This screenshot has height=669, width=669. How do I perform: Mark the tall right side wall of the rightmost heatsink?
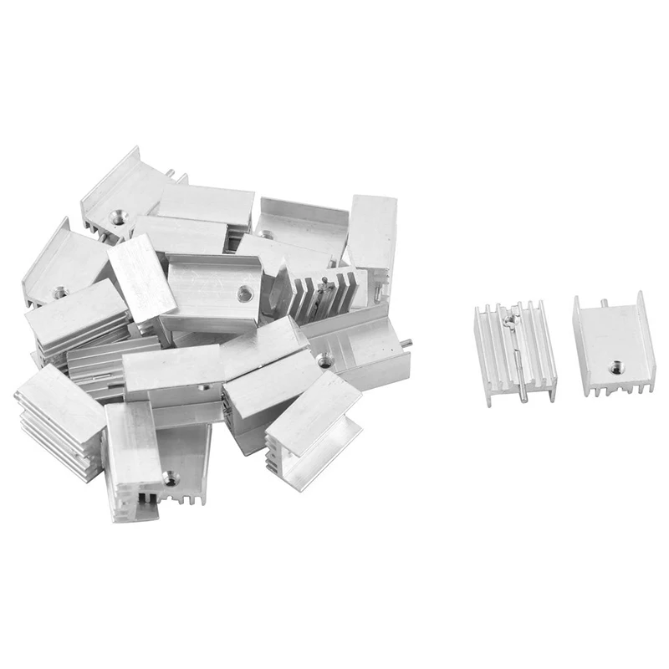tap(646, 343)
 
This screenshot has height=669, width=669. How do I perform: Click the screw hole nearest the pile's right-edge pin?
tap(324, 360)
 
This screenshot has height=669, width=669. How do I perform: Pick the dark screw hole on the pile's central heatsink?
tap(243, 294)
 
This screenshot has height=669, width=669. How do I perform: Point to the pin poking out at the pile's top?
tap(171, 173)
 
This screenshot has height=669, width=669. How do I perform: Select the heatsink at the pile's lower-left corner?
tap(59, 422)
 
